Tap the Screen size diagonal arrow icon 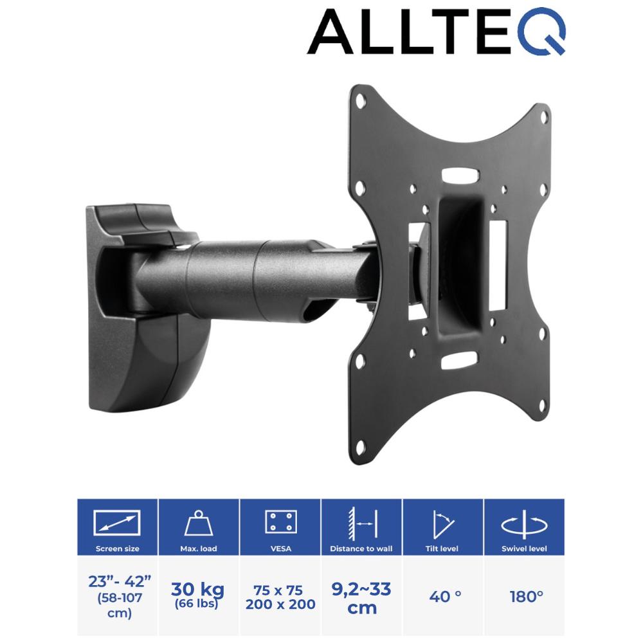pyautogui.click(x=117, y=522)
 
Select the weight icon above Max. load pyautogui.click(x=199, y=523)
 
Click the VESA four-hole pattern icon pyautogui.click(x=280, y=521)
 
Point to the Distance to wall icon pyautogui.click(x=362, y=522)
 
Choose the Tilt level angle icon pyautogui.click(x=443, y=524)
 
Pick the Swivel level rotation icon pyautogui.click(x=524, y=524)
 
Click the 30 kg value pyautogui.click(x=197, y=589)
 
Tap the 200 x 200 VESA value pyautogui.click(x=280, y=604)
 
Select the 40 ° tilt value pyautogui.click(x=445, y=596)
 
